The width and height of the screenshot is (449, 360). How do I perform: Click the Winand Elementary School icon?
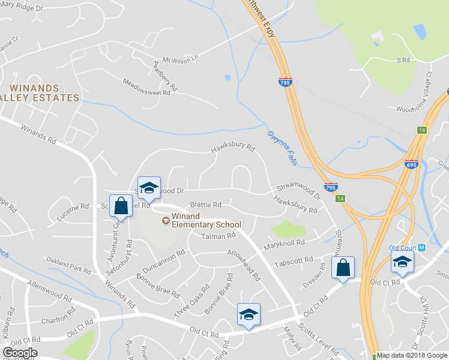coord(166,220)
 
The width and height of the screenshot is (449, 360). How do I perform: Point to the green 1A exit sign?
coord(340,199)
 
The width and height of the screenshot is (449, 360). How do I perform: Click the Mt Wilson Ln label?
coord(180,61)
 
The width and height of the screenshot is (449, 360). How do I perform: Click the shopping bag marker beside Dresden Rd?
coord(343,267)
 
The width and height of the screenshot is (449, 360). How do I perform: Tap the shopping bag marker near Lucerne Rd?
coord(121,205)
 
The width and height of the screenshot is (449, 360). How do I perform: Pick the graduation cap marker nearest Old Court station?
coord(402,261)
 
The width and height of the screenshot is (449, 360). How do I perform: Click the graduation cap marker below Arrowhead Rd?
coord(249,314)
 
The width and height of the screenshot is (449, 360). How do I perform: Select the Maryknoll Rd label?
coord(285,245)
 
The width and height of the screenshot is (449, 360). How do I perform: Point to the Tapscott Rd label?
coord(294,262)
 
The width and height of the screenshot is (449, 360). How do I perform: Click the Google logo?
coord(20,352)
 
